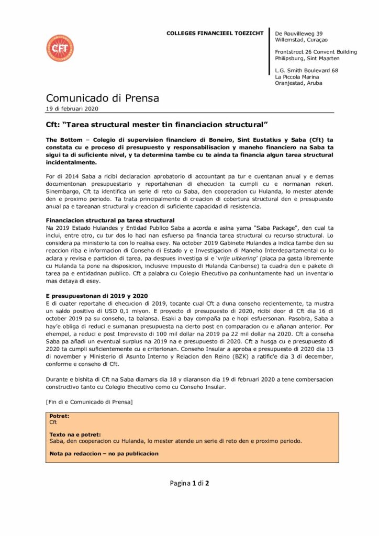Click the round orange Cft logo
(59, 49)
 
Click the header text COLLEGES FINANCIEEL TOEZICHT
(215, 33)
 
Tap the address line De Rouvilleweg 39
(298, 33)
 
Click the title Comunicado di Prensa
(102, 98)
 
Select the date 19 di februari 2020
(72, 109)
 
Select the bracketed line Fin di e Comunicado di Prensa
(90, 401)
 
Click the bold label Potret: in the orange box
(59, 416)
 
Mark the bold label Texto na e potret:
(75, 434)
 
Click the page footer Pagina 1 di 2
(189, 483)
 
